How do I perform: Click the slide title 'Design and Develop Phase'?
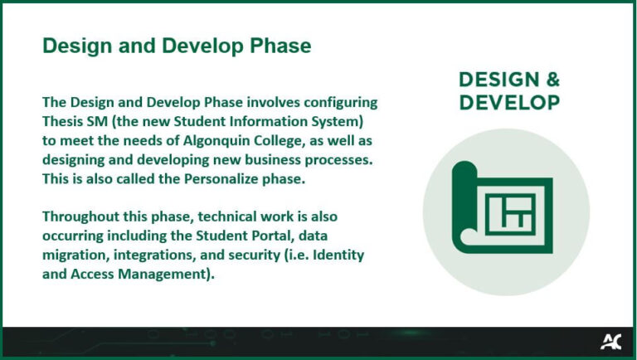pos(177,46)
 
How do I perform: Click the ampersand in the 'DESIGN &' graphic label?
pos(550,80)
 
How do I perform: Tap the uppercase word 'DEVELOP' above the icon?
pos(508,102)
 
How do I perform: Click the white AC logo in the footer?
pos(611,341)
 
